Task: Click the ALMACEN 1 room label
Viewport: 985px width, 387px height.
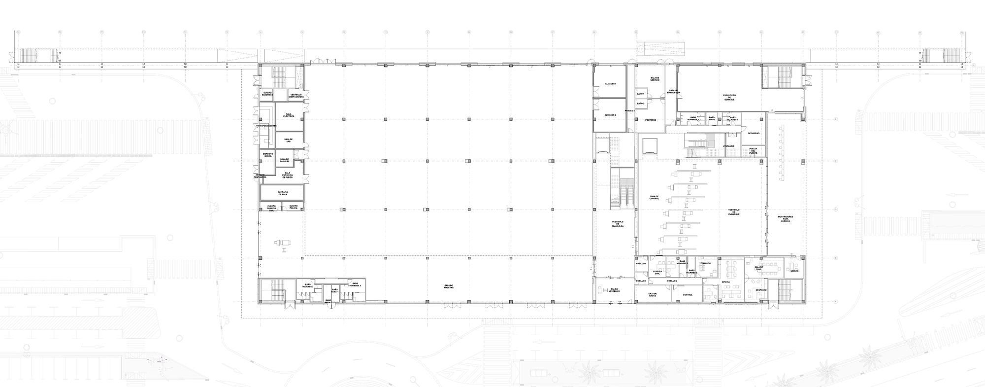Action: pyautogui.click(x=610, y=84)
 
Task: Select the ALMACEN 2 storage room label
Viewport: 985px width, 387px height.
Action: pyautogui.click(x=610, y=115)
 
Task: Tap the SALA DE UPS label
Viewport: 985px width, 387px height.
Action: pyautogui.click(x=289, y=140)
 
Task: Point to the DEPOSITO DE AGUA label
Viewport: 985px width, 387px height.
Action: pyautogui.click(x=283, y=193)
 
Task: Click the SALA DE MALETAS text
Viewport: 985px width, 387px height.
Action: pyautogui.click(x=448, y=286)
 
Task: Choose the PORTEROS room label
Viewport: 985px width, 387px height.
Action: pyautogui.click(x=651, y=120)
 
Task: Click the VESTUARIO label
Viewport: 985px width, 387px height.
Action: pyautogui.click(x=729, y=146)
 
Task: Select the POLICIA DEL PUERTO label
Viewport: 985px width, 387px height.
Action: pyautogui.click(x=753, y=150)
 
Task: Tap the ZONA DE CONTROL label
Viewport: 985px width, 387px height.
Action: pyautogui.click(x=654, y=197)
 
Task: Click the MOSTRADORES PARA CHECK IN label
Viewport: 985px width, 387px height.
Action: pyautogui.click(x=785, y=219)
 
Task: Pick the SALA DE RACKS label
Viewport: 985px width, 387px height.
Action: pyautogui.click(x=652, y=295)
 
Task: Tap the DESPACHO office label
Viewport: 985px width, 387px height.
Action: pyautogui.click(x=760, y=290)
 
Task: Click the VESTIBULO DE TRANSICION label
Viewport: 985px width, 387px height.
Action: pyautogui.click(x=618, y=224)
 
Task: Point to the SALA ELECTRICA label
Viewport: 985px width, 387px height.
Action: pyautogui.click(x=289, y=115)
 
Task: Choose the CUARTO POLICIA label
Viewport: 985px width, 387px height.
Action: pyautogui.click(x=294, y=207)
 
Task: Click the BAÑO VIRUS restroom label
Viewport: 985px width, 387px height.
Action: pyautogui.click(x=711, y=118)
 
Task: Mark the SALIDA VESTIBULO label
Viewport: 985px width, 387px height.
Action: pyautogui.click(x=614, y=290)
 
